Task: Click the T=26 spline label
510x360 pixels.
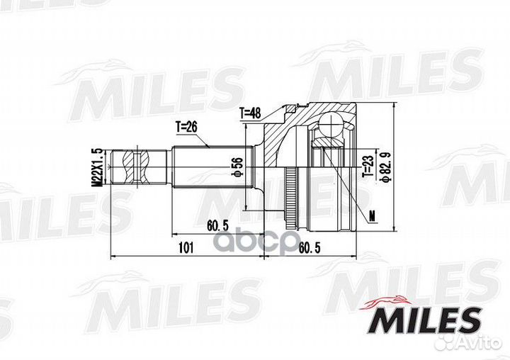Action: [x=187, y=127]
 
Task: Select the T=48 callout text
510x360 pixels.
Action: [x=251, y=113]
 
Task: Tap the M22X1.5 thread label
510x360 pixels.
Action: [x=97, y=167]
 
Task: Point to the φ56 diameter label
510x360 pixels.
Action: [x=238, y=167]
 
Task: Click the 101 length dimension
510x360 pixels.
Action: [x=186, y=248]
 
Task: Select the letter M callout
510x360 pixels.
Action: [x=373, y=215]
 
